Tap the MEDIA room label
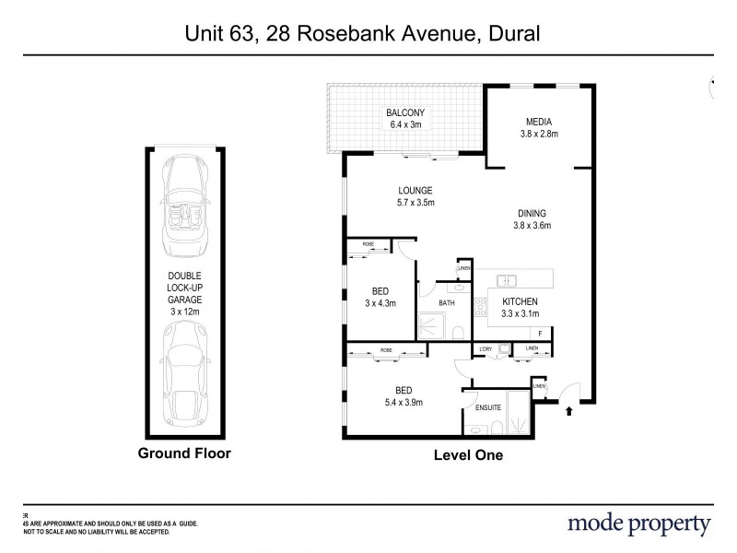538,122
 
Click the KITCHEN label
520,301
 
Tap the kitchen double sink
508,279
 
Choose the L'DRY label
486,347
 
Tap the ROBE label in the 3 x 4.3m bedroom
368,244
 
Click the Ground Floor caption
184,453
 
